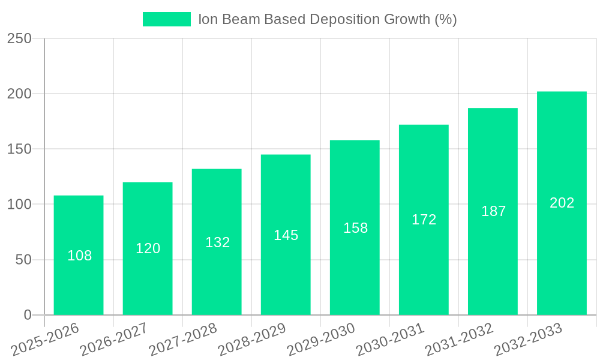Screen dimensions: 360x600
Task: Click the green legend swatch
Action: point(166,19)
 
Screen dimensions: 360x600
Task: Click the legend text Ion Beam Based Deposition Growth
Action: point(328,19)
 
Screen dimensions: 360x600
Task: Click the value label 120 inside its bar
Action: point(148,248)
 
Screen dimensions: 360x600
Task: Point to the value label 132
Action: point(217,242)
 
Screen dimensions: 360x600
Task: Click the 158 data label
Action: point(355,228)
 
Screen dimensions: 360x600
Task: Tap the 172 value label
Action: point(424,220)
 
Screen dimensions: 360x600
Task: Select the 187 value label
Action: point(493,211)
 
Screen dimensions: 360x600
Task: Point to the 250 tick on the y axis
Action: point(19,38)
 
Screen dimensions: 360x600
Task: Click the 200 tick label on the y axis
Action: point(19,94)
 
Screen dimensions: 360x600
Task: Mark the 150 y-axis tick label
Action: point(19,149)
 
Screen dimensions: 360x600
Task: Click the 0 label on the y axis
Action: point(28,315)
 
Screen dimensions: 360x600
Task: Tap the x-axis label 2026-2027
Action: point(114,340)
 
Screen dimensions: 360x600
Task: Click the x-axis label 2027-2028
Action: point(183,340)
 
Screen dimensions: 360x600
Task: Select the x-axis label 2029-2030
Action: point(321,340)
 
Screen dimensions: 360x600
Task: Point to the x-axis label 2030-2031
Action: point(390,340)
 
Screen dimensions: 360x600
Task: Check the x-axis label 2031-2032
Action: point(459,340)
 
